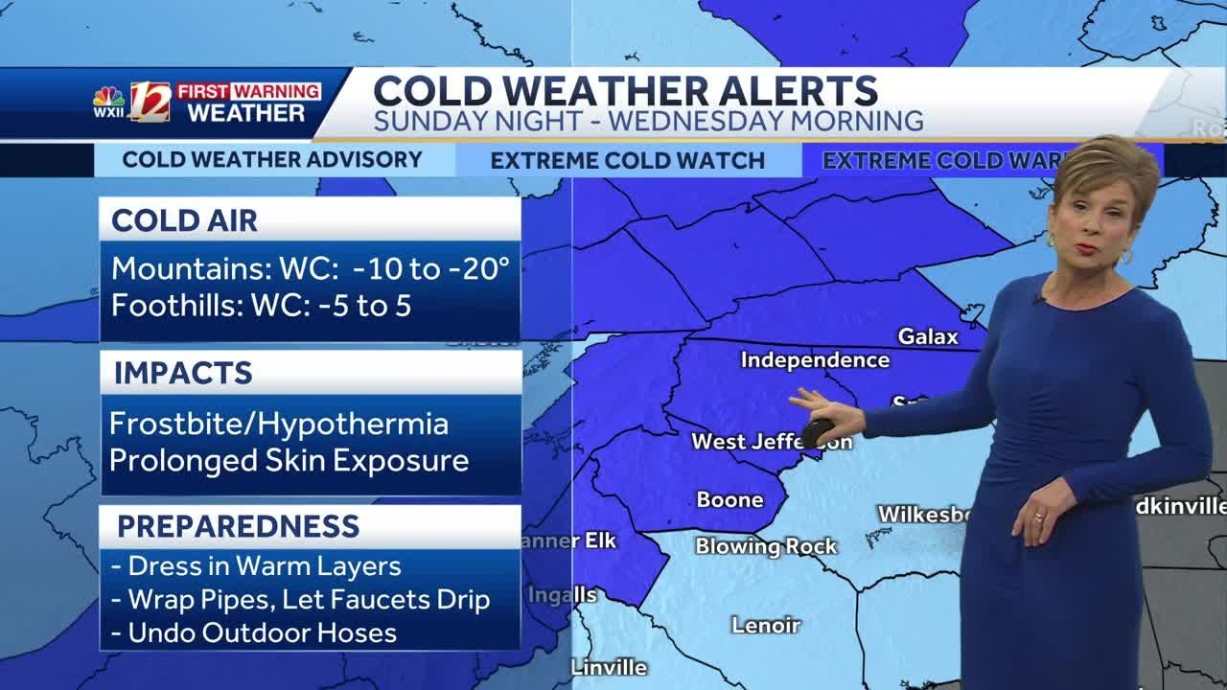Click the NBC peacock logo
click(x=107, y=97)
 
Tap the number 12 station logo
click(x=150, y=102)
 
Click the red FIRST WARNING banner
click(x=248, y=91)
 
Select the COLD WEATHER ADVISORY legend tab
click(x=272, y=160)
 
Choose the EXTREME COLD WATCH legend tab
click(x=627, y=161)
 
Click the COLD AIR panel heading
click(x=184, y=220)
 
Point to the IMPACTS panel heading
click(x=182, y=373)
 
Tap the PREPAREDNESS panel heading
click(x=238, y=526)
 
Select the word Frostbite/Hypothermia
click(x=279, y=424)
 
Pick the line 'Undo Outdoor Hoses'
click(x=262, y=632)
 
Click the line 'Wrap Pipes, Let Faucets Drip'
click(x=309, y=600)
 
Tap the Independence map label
click(x=815, y=360)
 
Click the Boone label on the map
click(x=729, y=499)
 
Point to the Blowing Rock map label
click(x=766, y=546)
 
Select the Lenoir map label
click(x=765, y=625)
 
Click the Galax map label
click(x=927, y=336)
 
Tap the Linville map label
click(x=609, y=667)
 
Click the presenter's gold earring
click(x=1124, y=257)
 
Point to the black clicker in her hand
click(x=816, y=432)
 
